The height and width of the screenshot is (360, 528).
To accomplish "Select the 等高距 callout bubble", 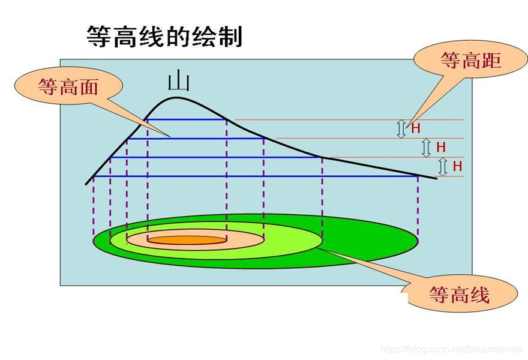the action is click(470, 60).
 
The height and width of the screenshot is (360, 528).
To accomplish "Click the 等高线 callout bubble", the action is click(459, 294).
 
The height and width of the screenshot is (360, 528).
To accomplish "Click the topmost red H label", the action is click(415, 128).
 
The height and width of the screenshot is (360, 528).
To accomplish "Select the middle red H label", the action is click(441, 147).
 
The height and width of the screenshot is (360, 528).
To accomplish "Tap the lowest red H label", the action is click(457, 166).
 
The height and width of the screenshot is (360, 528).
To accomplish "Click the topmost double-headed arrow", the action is click(401, 128).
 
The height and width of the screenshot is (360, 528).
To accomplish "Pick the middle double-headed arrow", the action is click(426, 147).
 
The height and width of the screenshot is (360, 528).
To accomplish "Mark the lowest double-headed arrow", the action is click(443, 166).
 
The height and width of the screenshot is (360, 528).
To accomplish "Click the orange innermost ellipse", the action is click(186, 240).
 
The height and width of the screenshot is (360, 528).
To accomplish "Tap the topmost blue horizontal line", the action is click(187, 119).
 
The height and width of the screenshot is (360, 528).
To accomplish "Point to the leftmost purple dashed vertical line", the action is click(94, 207).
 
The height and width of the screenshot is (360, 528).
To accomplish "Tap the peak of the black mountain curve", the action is click(176, 97).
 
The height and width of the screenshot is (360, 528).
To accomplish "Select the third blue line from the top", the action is click(216, 157).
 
